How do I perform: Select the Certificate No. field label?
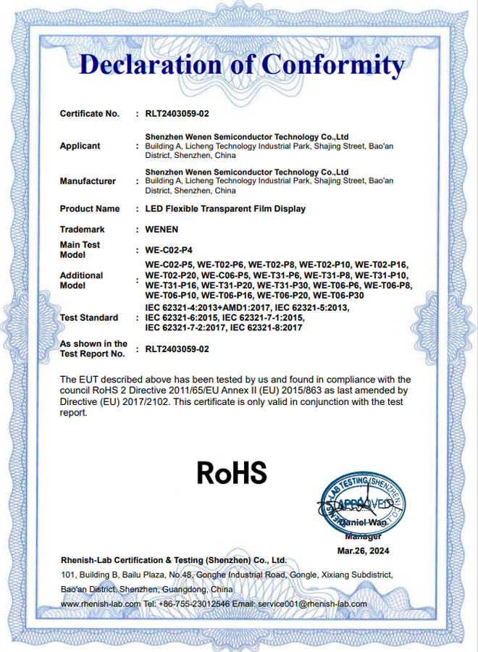tap(89, 114)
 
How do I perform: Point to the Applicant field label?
tap(80, 146)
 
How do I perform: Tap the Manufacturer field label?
tap(87, 181)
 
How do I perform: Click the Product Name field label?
tap(89, 209)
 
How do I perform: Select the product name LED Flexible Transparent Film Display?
tap(225, 209)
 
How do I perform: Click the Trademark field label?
tap(82, 229)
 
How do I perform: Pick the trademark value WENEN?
tap(162, 229)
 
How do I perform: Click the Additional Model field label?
tap(81, 280)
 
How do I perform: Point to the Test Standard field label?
tap(88, 317)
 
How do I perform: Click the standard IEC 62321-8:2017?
tap(265, 328)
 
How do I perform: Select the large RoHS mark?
tap(232, 473)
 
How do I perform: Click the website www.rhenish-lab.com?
tap(101, 603)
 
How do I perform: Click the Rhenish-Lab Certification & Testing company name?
tap(174, 560)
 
